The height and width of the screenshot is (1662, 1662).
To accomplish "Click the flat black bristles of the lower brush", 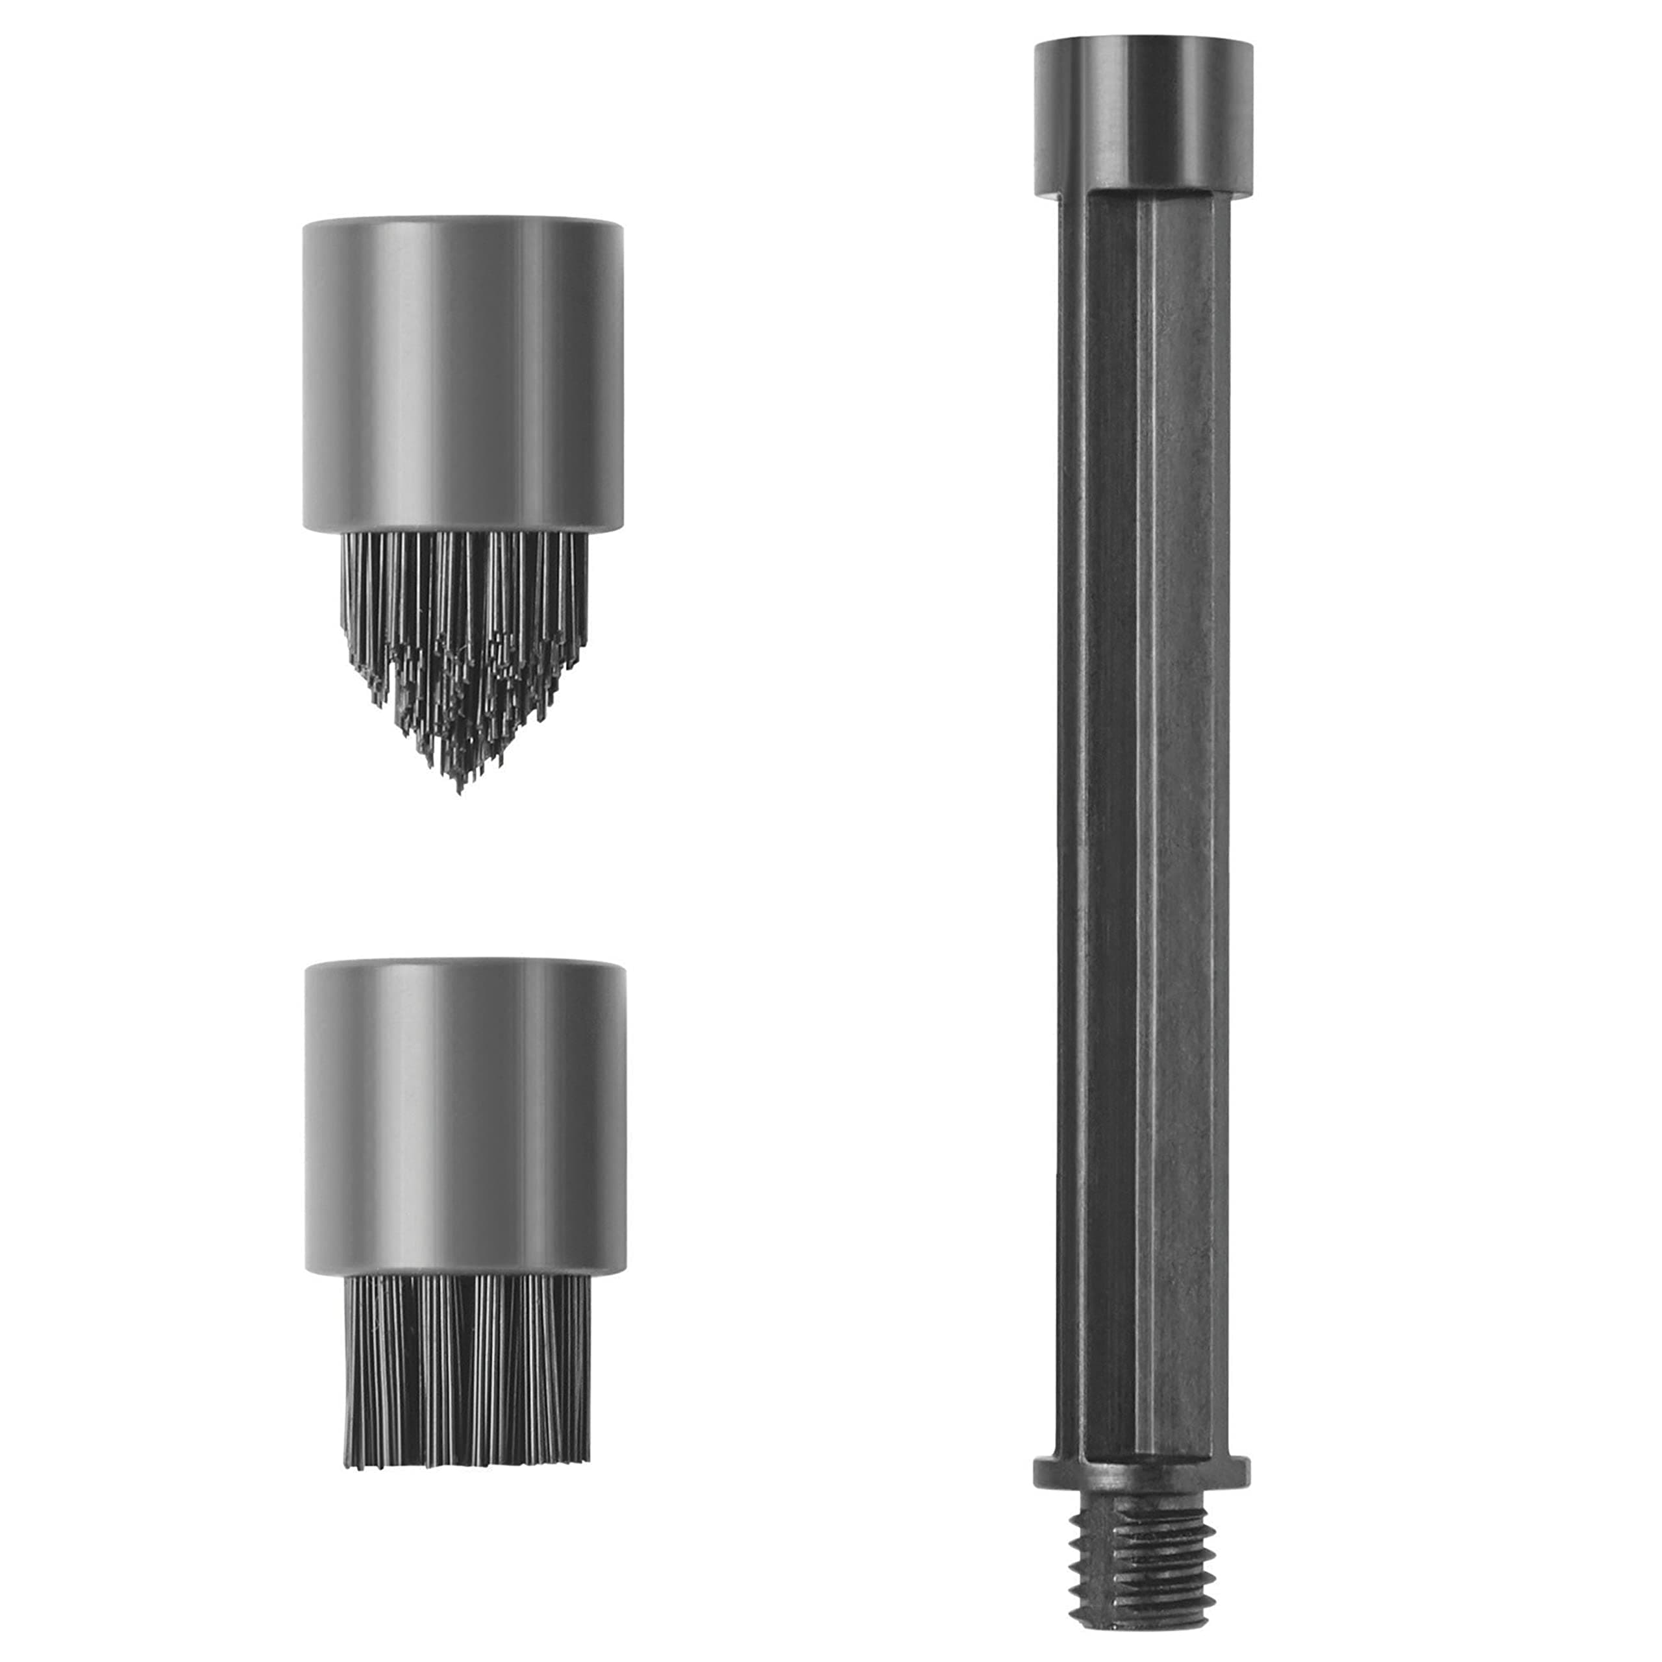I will point(467,1368).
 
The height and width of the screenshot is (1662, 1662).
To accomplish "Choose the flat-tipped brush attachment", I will point(465,1213).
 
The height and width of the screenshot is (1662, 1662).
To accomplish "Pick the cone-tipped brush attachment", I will point(463,499).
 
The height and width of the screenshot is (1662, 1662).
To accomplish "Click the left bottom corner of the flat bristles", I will point(349,1454).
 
